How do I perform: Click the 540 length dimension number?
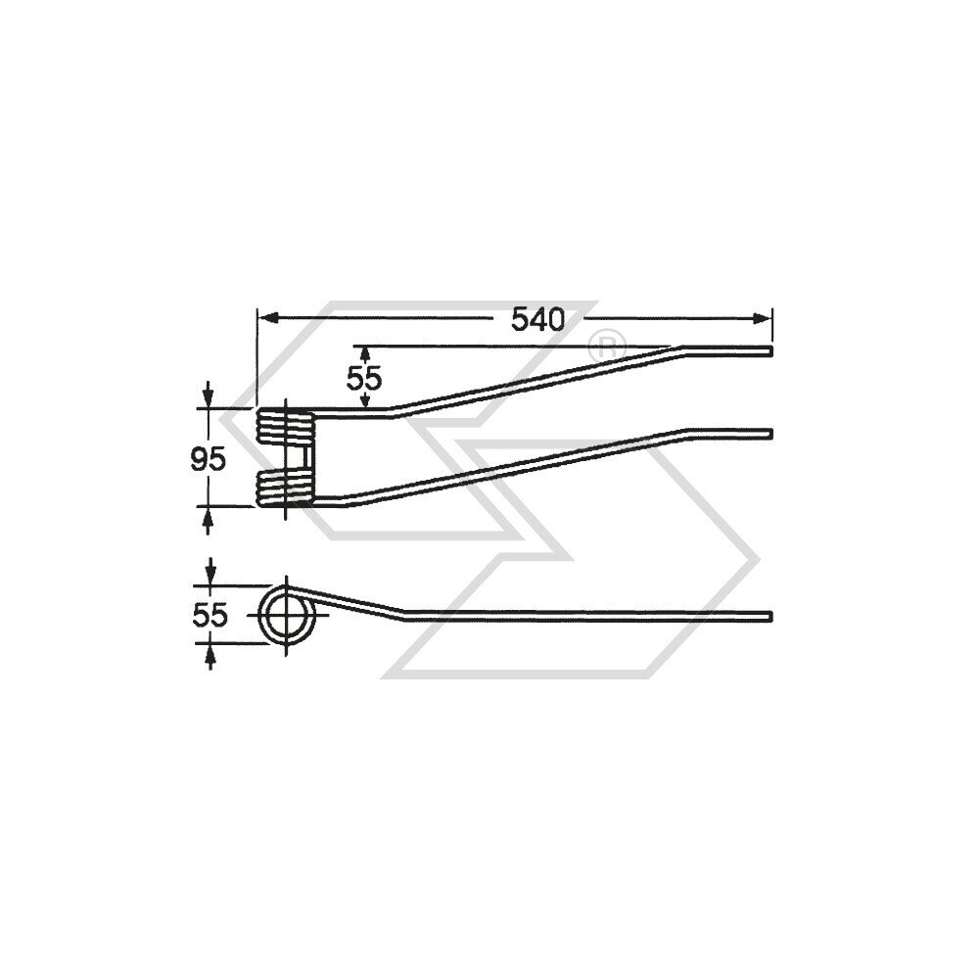point(537,320)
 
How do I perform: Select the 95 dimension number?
point(208,460)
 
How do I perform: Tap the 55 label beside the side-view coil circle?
point(210,616)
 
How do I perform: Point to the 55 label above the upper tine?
point(364,378)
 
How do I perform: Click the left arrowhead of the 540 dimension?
point(267,318)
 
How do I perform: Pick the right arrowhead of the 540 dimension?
point(763,318)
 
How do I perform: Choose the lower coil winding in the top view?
point(284,489)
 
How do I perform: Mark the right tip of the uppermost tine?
point(771,350)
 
